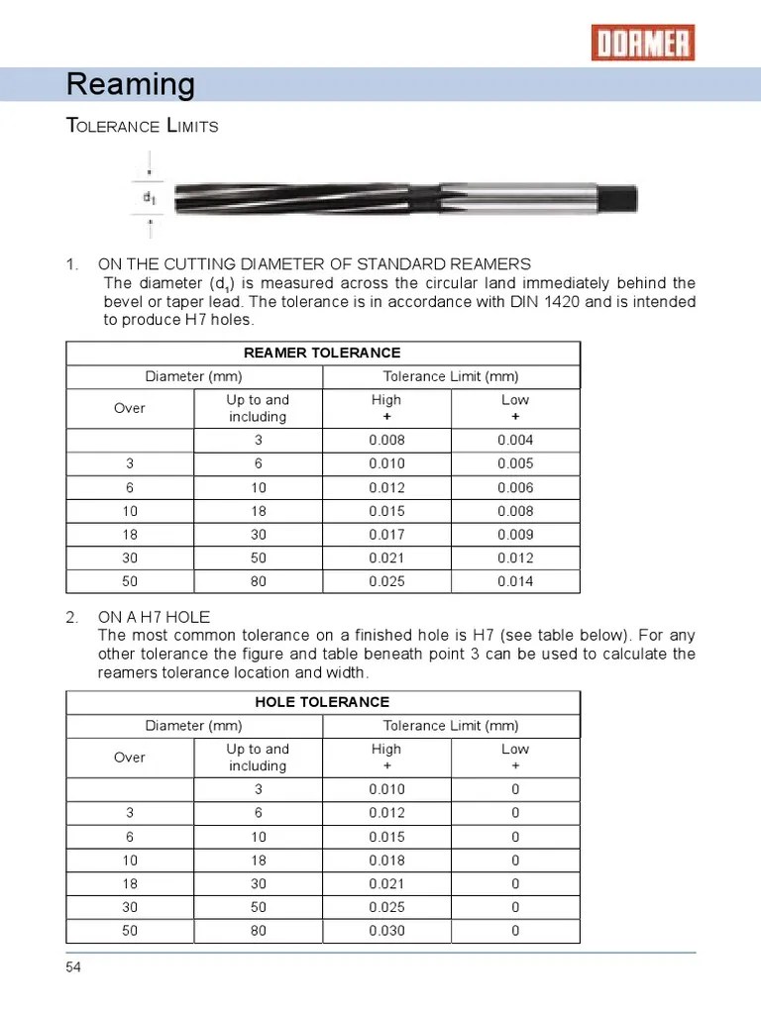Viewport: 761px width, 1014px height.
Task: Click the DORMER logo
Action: [643, 43]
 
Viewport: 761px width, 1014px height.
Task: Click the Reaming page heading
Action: [130, 85]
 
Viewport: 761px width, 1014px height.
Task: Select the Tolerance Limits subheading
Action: [142, 127]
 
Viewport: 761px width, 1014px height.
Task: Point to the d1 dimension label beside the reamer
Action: [149, 197]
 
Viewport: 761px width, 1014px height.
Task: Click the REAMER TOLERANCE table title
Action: [322, 353]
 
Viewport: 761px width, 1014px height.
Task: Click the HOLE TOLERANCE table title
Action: [322, 702]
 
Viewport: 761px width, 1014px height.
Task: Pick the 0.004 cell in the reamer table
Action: [515, 441]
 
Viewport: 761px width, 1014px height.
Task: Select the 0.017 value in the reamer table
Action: [386, 535]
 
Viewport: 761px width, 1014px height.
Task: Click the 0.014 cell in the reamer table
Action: [515, 581]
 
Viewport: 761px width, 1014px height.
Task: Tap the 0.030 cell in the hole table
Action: [386, 931]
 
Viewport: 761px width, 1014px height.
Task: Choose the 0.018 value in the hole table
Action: [386, 861]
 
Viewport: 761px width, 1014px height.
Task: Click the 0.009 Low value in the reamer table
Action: [515, 535]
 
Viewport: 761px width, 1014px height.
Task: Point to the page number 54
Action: [74, 967]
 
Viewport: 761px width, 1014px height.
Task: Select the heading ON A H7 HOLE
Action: [154, 618]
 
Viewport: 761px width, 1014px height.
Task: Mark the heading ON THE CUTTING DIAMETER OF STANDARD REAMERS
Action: [314, 264]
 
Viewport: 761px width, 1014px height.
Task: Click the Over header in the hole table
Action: [130, 758]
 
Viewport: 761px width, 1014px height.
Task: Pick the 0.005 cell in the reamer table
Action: [515, 464]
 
